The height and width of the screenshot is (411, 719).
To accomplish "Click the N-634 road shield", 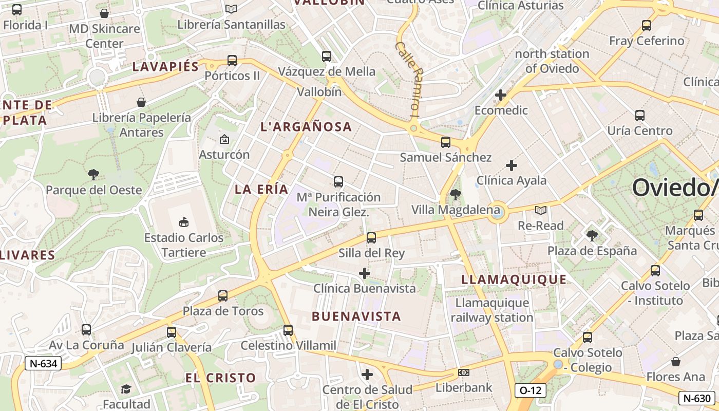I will click(x=43, y=364).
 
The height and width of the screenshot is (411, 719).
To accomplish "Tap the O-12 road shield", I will click(x=531, y=390).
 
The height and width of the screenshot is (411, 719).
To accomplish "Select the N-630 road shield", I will click(x=697, y=398).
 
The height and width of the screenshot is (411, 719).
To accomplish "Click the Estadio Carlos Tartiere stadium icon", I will click(x=183, y=222).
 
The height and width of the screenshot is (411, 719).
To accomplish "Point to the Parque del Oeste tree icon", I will click(x=93, y=175).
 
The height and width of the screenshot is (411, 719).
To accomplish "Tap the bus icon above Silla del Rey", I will click(x=371, y=238).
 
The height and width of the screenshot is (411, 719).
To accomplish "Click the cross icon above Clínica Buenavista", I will click(x=365, y=273).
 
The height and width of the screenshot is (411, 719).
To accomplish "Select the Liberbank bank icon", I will click(x=464, y=372).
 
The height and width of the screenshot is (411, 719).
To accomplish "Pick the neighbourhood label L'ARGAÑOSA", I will click(x=306, y=127).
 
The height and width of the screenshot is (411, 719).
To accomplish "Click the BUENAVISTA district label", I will click(x=356, y=316).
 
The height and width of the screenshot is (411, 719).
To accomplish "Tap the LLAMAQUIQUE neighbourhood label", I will click(x=514, y=280).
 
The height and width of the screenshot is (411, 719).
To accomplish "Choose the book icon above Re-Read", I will click(x=540, y=210).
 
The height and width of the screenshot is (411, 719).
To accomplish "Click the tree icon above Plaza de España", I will click(x=592, y=236).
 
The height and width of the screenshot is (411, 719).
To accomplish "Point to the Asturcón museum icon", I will click(x=224, y=139).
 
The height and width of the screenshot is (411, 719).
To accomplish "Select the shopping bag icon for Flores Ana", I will click(x=676, y=362).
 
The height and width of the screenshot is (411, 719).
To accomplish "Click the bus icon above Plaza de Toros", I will click(x=223, y=296).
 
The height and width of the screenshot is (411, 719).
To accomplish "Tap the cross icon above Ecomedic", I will click(x=501, y=95).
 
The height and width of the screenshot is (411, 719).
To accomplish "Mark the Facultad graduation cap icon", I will click(x=126, y=389).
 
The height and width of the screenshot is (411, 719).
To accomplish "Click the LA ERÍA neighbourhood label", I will click(x=261, y=189).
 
